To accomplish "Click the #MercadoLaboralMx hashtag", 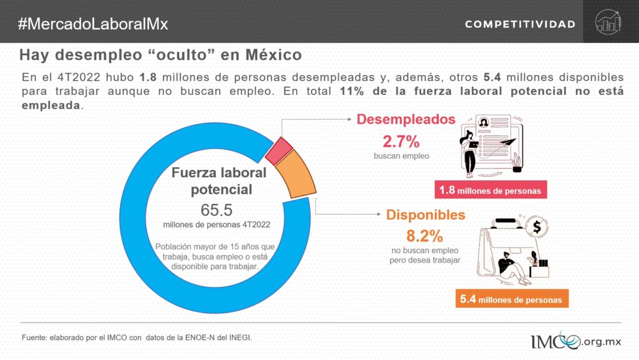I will [x=93, y=24].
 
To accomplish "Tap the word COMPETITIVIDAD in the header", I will [x=520, y=24].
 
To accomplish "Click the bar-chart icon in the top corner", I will [x=608, y=21].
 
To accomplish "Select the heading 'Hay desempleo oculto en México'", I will [x=160, y=55].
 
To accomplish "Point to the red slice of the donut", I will [x=279, y=149].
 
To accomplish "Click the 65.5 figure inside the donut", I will [x=217, y=210].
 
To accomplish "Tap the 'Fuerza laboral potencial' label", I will [x=219, y=180].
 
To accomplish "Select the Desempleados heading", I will [x=406, y=120].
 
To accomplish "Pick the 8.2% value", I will [x=424, y=236].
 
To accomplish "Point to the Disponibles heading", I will [x=426, y=215].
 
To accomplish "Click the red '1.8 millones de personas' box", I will [x=490, y=190].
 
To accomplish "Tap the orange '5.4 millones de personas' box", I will [x=510, y=299].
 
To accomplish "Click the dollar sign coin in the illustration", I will [x=536, y=228].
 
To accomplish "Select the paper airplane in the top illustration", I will [x=510, y=142].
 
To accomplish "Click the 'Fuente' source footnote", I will [x=137, y=337].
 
